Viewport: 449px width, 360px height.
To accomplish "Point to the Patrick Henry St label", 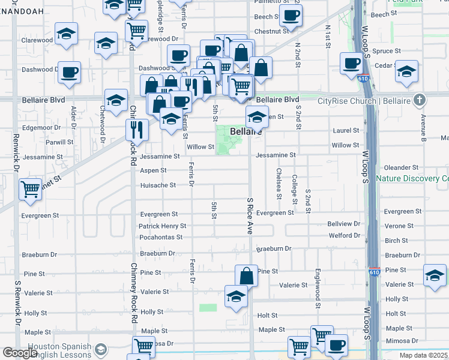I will [163, 226].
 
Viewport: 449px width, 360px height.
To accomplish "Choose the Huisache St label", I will [158, 185].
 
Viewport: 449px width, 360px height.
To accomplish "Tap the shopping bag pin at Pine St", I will [246, 276].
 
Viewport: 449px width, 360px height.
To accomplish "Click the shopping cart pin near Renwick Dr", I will [30, 189].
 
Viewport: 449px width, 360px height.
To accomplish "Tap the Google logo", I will [20, 353].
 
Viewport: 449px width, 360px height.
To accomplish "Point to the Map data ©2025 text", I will [424, 355].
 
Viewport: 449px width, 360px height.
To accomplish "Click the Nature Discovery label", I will [412, 179].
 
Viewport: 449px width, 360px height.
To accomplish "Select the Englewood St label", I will [318, 289].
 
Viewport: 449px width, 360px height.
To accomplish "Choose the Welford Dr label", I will [344, 235].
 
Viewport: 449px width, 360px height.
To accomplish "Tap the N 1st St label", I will [328, 34].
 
